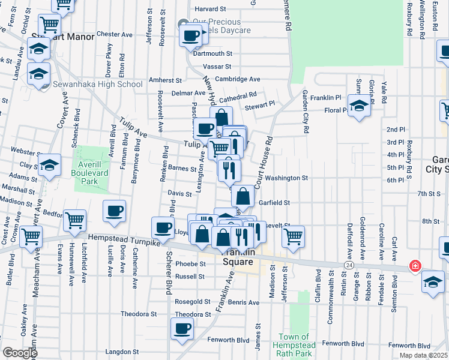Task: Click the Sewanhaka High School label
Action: pyautogui.click(x=97, y=84)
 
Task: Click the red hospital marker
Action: pyautogui.click(x=414, y=266)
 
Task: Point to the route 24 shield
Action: pyautogui.click(x=348, y=264)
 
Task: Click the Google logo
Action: pyautogui.click(x=19, y=353)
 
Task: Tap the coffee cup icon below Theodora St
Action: pyautogui.click(x=182, y=329)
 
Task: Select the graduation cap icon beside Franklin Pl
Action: pyautogui.click(x=359, y=107)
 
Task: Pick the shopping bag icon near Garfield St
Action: pyautogui.click(x=243, y=196)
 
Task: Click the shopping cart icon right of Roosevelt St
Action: pyautogui.click(x=293, y=236)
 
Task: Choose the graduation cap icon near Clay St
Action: pyautogui.click(x=49, y=164)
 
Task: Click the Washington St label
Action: pyautogui.click(x=286, y=178)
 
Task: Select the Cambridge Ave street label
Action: pyautogui.click(x=238, y=79)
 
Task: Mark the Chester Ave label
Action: pyautogui.click(x=114, y=35)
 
